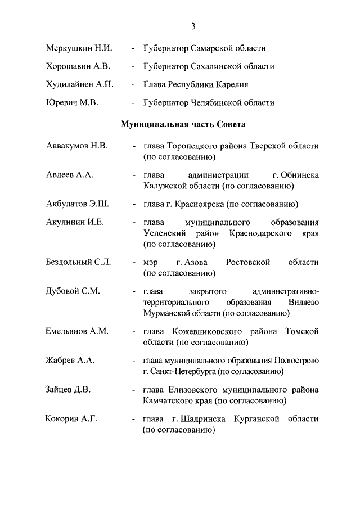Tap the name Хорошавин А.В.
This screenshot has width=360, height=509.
pos(77,66)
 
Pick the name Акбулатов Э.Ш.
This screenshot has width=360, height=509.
pos(76,204)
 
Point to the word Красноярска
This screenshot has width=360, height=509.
pos(197,204)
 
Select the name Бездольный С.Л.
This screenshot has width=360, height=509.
pos(78,262)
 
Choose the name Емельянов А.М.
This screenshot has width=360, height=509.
pos(77,331)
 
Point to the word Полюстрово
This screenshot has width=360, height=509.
pos(296,360)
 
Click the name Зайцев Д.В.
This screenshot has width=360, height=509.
pos(69,389)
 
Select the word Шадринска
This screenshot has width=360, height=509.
pos(204,419)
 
